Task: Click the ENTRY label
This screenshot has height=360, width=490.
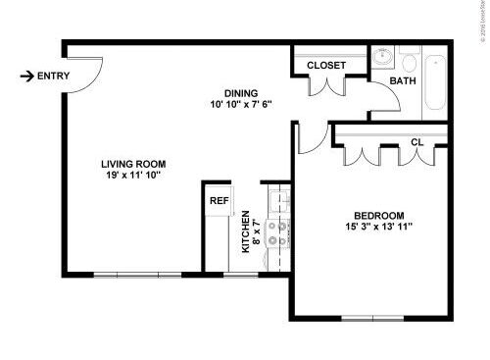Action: point(54,77)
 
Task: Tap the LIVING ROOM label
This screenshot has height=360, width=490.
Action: point(134,164)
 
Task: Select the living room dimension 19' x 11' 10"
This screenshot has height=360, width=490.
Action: point(134,178)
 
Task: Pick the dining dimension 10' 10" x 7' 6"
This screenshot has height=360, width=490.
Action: point(240,103)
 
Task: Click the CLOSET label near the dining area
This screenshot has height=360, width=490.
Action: point(326,66)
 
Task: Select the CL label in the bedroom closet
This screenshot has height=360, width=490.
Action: point(416,143)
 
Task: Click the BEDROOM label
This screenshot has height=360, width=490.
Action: point(379,216)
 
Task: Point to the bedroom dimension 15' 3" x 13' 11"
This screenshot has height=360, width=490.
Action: point(380,229)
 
